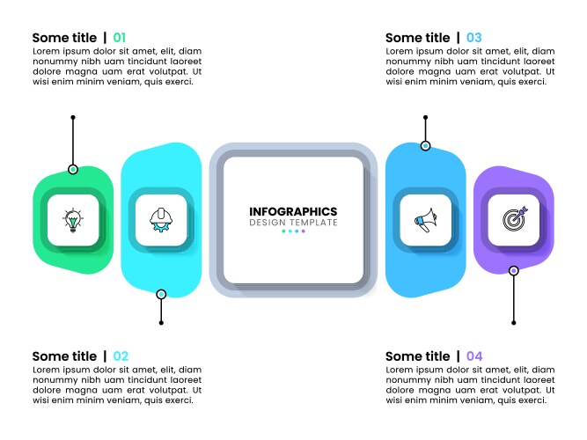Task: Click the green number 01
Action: [x=119, y=38]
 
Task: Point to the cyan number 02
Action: [x=121, y=356]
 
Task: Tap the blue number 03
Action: [x=473, y=38]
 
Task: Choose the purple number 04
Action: [x=474, y=356]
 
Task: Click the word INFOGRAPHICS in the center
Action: [x=293, y=211]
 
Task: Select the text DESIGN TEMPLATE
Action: [x=293, y=223]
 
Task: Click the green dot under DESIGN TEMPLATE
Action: [x=282, y=232]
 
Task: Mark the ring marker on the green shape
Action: [x=73, y=169]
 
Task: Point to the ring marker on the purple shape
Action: [x=514, y=271]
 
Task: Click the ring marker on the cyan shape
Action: [x=161, y=294]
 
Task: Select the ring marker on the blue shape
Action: [x=426, y=146]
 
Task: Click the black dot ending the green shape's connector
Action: [x=73, y=117]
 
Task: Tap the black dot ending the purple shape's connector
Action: [x=514, y=323]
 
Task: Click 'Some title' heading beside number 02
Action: [x=64, y=356]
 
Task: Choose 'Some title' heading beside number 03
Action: [x=417, y=38]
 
